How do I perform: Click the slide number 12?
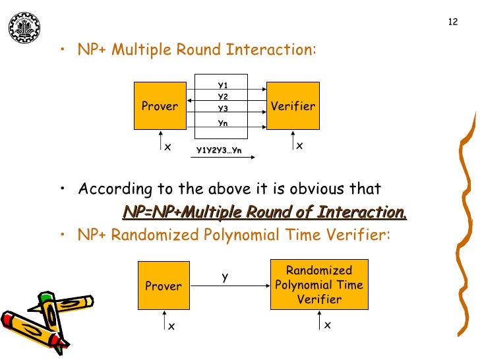click(452, 22)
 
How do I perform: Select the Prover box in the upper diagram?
click(160, 105)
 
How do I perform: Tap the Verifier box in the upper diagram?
click(293, 105)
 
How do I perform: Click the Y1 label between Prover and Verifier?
click(223, 85)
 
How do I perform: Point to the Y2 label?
click(223, 97)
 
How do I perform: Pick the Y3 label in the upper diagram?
click(223, 109)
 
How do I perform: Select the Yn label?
click(223, 123)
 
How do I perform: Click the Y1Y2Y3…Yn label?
click(220, 151)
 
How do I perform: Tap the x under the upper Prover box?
click(167, 147)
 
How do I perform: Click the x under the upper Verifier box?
click(299, 146)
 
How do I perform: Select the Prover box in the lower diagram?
click(164, 285)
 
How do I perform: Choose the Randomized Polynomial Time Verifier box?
click(319, 285)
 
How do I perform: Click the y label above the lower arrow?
click(225, 277)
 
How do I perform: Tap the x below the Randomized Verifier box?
click(328, 326)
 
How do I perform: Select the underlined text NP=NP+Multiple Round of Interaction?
click(264, 212)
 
